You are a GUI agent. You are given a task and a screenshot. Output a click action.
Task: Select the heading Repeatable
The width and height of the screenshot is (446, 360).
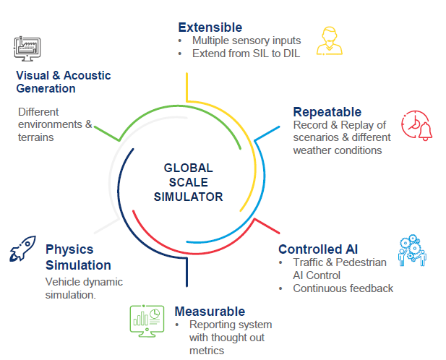[x=327, y=112]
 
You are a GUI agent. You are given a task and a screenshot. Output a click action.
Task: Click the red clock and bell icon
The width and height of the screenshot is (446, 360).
[x=416, y=127]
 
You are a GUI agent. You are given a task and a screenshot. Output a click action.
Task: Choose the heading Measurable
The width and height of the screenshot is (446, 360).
[x=210, y=312]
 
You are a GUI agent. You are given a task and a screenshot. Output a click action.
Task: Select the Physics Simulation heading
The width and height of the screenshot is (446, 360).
[x=78, y=257]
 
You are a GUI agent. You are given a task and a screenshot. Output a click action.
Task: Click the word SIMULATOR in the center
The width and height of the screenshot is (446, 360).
[x=189, y=197]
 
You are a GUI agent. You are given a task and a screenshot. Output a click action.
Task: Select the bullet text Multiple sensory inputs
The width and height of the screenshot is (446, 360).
[x=246, y=40]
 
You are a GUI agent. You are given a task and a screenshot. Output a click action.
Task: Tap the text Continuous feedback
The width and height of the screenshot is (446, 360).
[x=343, y=288]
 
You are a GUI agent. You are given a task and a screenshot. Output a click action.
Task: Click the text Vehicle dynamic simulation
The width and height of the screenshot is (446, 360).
[x=84, y=288]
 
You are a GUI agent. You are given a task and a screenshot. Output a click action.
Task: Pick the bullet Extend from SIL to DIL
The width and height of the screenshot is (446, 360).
[x=245, y=53]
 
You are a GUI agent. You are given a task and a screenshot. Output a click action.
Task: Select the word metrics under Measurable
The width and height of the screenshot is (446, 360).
[x=207, y=351]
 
